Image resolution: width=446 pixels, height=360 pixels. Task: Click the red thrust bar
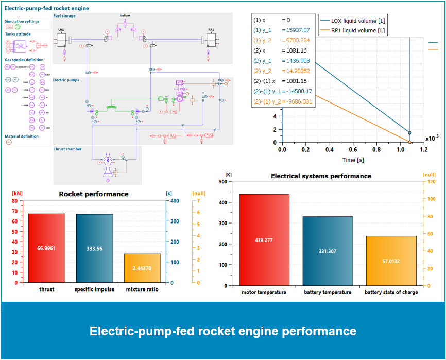[x=46, y=248]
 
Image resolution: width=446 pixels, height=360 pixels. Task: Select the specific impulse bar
[x=94, y=248]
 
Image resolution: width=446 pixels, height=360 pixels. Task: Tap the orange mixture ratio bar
[x=142, y=268]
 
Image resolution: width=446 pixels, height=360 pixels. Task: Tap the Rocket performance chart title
[x=94, y=194]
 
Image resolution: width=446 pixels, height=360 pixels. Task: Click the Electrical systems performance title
[x=321, y=176]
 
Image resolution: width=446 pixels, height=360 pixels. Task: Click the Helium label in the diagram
[x=125, y=16]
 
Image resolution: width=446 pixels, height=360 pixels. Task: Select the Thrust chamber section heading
[x=67, y=149]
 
